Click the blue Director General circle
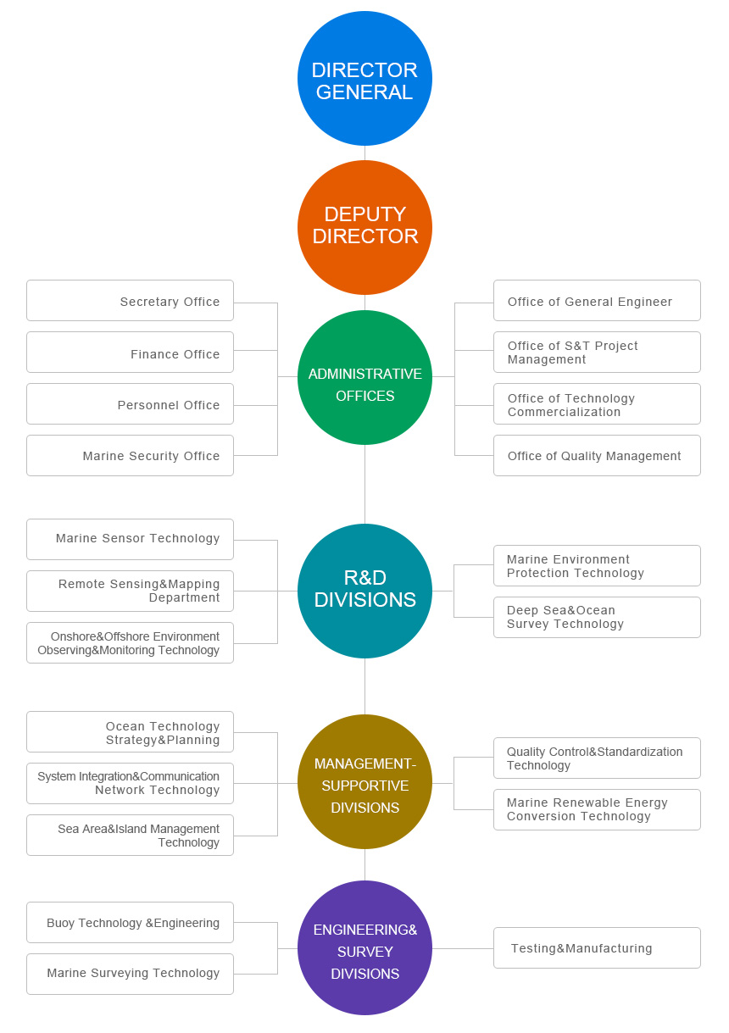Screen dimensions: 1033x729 (364, 79)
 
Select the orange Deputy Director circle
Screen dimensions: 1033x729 (364, 227)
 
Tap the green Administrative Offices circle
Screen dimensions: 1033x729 (364, 377)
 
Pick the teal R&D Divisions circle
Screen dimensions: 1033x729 (364, 591)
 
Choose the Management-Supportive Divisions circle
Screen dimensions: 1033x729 (364, 781)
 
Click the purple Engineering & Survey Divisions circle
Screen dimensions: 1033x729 (364, 947)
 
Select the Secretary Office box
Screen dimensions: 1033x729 (130, 301)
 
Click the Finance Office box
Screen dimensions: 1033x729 (130, 353)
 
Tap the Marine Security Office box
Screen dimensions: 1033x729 (130, 456)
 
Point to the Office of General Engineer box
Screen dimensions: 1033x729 (597, 301)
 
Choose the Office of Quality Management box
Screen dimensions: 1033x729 (597, 456)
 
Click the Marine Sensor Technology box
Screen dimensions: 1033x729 (130, 539)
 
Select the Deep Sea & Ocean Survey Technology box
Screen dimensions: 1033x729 (597, 617)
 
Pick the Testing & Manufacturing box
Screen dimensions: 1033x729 (597, 947)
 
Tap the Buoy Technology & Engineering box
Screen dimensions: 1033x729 (130, 923)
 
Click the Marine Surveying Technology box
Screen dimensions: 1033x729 (130, 974)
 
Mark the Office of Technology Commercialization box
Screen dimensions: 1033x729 (597, 404)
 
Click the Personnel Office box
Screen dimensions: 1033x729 (130, 404)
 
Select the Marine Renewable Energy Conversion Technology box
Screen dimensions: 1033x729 (597, 809)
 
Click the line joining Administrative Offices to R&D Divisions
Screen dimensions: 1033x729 (364, 484)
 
